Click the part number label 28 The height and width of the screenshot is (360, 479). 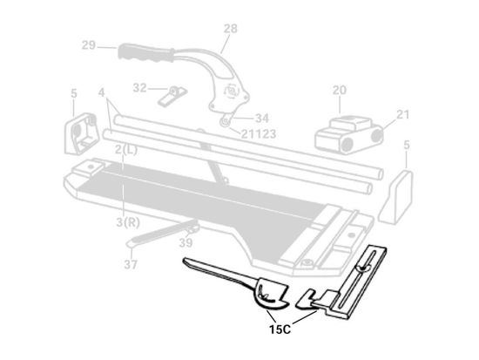click(x=230, y=29)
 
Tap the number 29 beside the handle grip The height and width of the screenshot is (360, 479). click(x=89, y=45)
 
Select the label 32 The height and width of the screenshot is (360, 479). click(x=140, y=88)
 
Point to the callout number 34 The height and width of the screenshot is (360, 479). click(x=262, y=119)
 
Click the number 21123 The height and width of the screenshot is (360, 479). click(x=259, y=133)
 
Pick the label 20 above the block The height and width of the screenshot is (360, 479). click(x=340, y=91)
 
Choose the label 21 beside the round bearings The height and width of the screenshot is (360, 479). click(x=403, y=115)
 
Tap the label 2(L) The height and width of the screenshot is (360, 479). click(x=126, y=150)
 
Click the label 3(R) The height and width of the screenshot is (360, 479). click(x=128, y=222)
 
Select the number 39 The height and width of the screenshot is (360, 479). click(x=186, y=243)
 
